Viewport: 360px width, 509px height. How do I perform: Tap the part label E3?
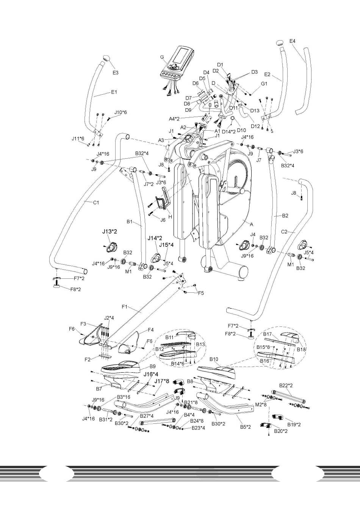click(x=115, y=72)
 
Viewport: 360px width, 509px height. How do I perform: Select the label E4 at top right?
click(x=293, y=41)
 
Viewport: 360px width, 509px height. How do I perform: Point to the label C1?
click(x=96, y=202)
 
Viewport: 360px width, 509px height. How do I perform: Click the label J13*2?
click(x=110, y=231)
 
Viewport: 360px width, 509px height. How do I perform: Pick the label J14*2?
click(x=155, y=238)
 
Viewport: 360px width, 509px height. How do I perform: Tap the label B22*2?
click(x=286, y=386)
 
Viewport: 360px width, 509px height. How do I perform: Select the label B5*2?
click(x=245, y=426)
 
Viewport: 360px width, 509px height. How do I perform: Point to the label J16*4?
click(x=150, y=374)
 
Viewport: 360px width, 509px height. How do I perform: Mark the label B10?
click(x=214, y=359)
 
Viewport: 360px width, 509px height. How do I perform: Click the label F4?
click(x=150, y=329)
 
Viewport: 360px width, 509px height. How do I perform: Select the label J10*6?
click(x=121, y=112)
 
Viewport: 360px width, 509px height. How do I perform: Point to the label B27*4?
click(x=147, y=415)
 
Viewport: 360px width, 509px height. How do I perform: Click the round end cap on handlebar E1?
click(x=106, y=58)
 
